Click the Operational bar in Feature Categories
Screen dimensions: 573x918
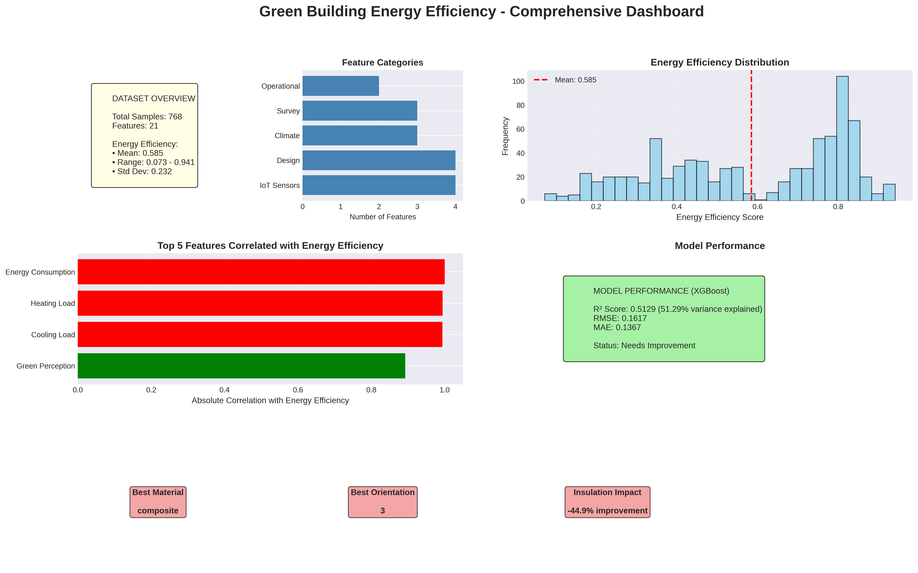(340, 86)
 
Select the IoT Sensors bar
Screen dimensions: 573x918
(379, 185)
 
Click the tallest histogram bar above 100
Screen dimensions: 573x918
(842, 138)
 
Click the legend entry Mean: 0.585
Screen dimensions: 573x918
(575, 80)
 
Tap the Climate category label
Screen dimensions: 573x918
(287, 136)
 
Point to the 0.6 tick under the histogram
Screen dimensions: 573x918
(757, 207)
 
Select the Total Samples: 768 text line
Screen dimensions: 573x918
(147, 117)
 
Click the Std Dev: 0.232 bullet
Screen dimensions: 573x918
(142, 171)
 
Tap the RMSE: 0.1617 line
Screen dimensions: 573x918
(620, 318)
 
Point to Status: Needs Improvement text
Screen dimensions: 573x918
(644, 346)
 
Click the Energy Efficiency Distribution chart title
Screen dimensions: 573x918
(719, 62)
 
